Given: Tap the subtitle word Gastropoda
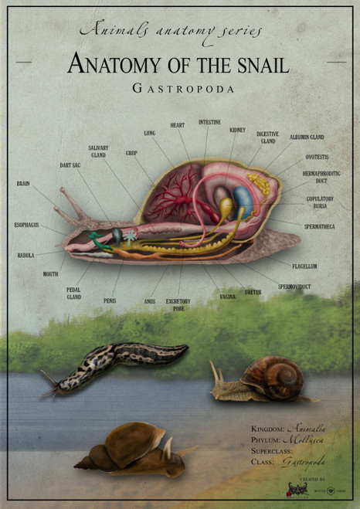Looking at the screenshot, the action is [182, 89].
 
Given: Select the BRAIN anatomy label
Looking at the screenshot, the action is [23, 184].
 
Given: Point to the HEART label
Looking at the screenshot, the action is [177, 125].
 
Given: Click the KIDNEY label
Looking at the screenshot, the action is [237, 131].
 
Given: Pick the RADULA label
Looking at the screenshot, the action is [25, 255].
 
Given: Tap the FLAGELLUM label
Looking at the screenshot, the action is [304, 266].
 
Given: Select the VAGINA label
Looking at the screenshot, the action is [227, 297].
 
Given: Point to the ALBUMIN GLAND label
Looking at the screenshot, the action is [307, 137].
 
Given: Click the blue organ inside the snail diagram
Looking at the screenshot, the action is [243, 202].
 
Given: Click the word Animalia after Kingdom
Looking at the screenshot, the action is [307, 428].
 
